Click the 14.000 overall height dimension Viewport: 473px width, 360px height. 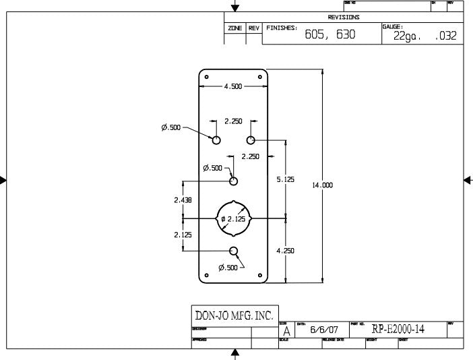click(322, 185)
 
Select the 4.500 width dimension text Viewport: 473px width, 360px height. click(233, 86)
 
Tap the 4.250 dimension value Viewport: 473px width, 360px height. click(286, 250)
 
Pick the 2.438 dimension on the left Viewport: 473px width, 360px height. click(183, 200)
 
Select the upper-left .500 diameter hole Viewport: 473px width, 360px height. click(216, 140)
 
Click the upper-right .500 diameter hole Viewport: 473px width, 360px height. click(251, 140)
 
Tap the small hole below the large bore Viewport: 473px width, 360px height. click(234, 251)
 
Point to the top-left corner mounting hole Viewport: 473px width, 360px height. click(206, 76)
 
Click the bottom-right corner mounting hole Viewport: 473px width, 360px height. click(261, 274)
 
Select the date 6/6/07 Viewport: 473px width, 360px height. click(324, 330)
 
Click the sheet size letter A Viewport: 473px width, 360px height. click(286, 332)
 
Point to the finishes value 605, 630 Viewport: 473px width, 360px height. click(330, 35)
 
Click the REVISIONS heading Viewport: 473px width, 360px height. click(344, 18)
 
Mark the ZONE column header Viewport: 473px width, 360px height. click(235, 28)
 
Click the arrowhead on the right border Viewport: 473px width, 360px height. click(468, 179)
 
